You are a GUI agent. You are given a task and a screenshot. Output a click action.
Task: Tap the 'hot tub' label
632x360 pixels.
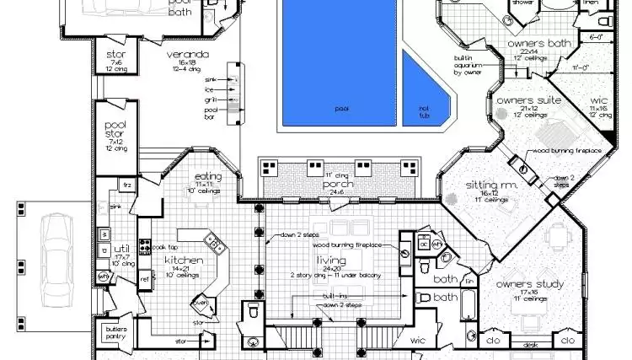[424, 109]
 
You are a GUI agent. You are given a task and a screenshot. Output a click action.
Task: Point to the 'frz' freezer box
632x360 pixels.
[128, 185]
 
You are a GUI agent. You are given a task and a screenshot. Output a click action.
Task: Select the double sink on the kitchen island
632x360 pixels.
[214, 246]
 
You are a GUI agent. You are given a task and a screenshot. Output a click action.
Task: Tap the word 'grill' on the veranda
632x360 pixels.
[211, 99]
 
